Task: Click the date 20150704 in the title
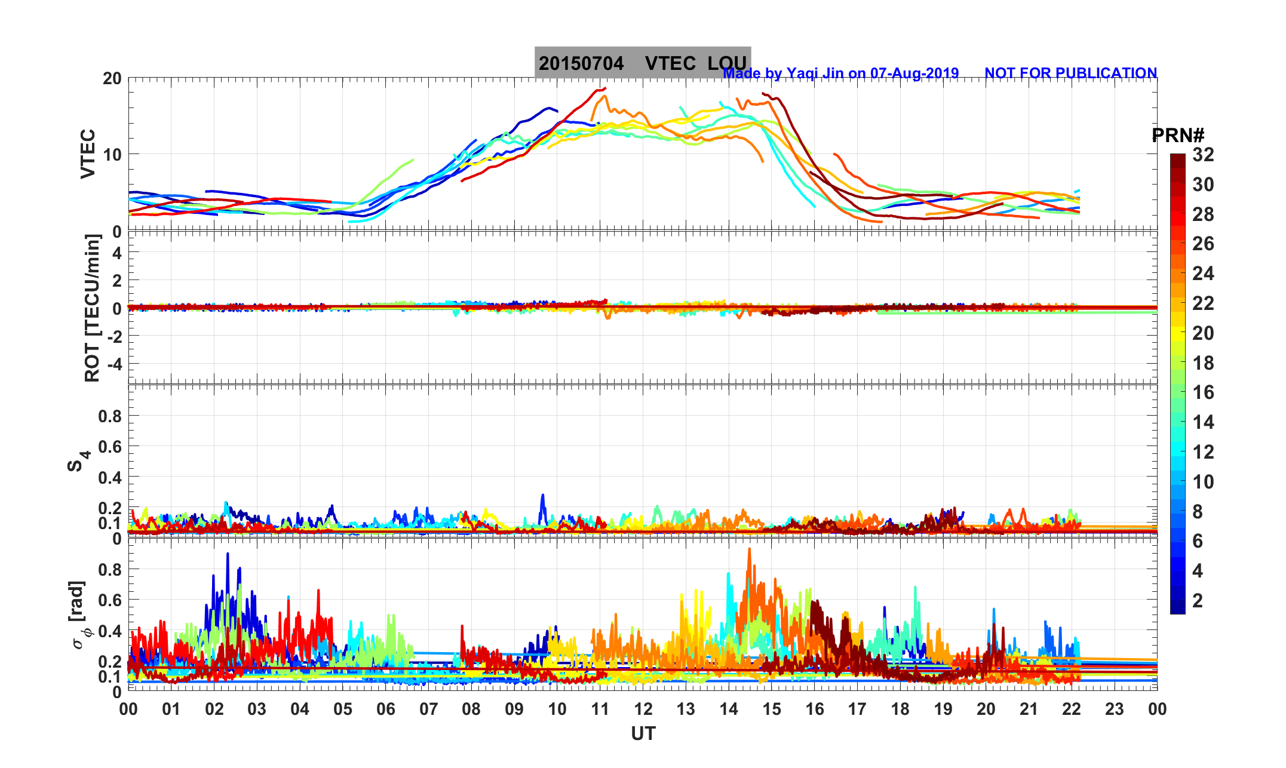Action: click(x=581, y=63)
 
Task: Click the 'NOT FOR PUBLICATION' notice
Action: click(x=1070, y=73)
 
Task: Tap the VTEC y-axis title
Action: click(x=88, y=153)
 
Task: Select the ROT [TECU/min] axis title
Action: click(x=92, y=308)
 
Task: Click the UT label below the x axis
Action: click(x=643, y=733)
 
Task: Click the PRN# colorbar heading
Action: click(x=1178, y=136)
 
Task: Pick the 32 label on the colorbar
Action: click(x=1203, y=155)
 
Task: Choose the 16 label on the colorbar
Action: click(x=1203, y=392)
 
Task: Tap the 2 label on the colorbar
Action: click(x=1197, y=600)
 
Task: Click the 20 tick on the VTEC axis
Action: click(x=112, y=78)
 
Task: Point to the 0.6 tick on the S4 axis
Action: click(x=110, y=446)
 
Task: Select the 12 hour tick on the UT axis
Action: click(x=643, y=709)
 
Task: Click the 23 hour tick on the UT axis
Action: click(x=1114, y=709)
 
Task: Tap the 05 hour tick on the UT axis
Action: click(x=343, y=709)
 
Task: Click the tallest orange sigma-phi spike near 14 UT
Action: click(x=749, y=550)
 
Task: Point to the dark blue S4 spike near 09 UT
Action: click(x=542, y=496)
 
